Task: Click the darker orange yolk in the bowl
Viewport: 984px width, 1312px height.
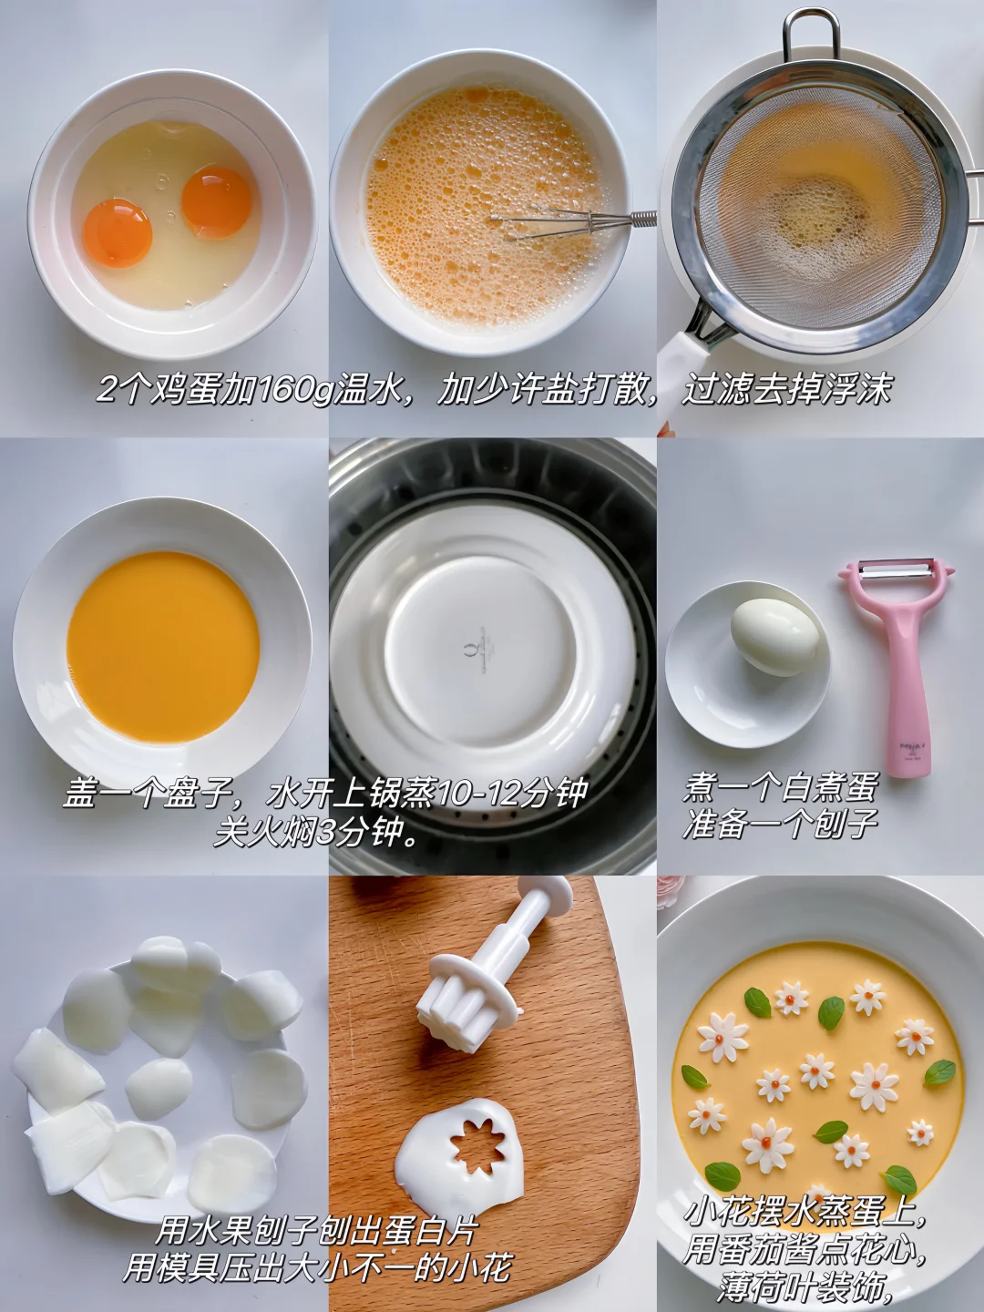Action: pos(217,202)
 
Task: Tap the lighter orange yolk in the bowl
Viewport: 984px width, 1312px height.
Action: pos(118,233)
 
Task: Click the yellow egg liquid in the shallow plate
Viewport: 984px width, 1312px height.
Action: pos(162,646)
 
